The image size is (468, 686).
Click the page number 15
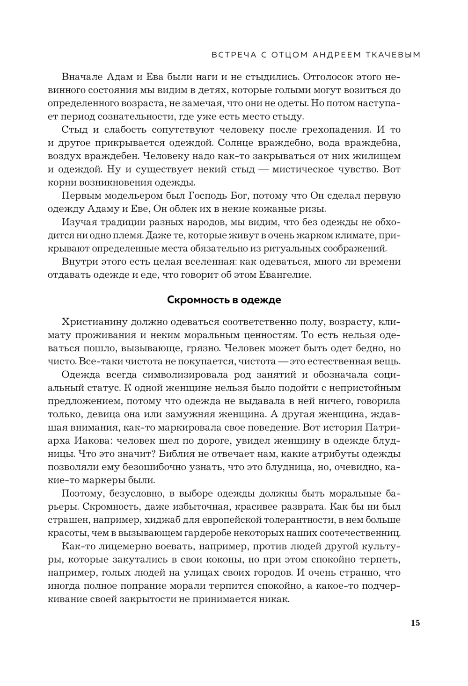coord(415,623)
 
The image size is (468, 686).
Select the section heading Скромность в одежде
coord(224,300)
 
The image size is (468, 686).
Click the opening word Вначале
coord(79,77)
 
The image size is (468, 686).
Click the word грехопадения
coord(332,130)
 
